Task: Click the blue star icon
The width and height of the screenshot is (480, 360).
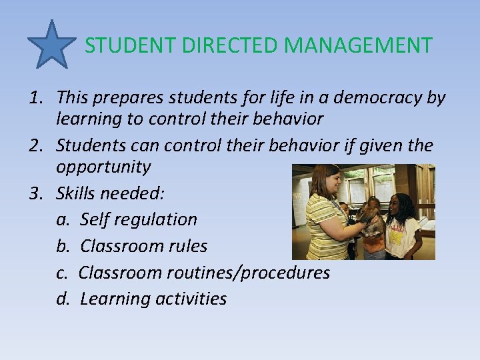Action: point(51,45)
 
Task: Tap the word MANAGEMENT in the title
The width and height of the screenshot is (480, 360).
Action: point(358,46)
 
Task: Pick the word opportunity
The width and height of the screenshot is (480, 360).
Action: point(103,167)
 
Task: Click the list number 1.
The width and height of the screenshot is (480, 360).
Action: point(35,98)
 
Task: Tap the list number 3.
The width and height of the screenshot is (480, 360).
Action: point(35,194)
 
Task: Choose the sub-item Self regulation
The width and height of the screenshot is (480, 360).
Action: point(139,219)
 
